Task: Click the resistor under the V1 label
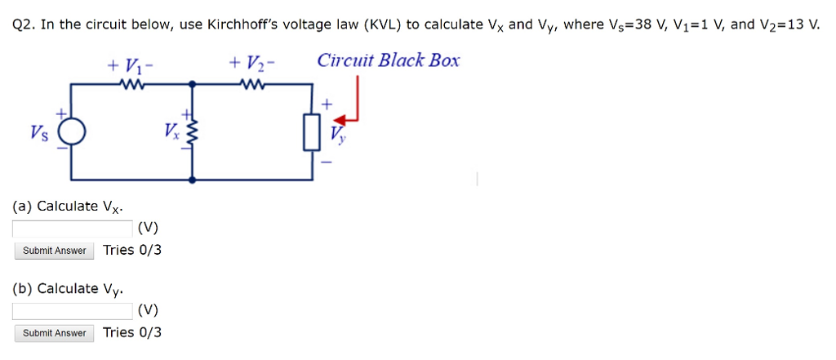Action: [131, 83]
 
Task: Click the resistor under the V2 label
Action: [252, 83]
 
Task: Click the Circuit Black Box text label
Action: [389, 60]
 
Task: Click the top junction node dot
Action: [193, 83]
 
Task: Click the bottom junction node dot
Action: [193, 179]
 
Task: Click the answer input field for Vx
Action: [73, 228]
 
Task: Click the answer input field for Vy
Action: [73, 311]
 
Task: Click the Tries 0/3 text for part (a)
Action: [132, 250]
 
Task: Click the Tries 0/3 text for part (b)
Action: [132, 332]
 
